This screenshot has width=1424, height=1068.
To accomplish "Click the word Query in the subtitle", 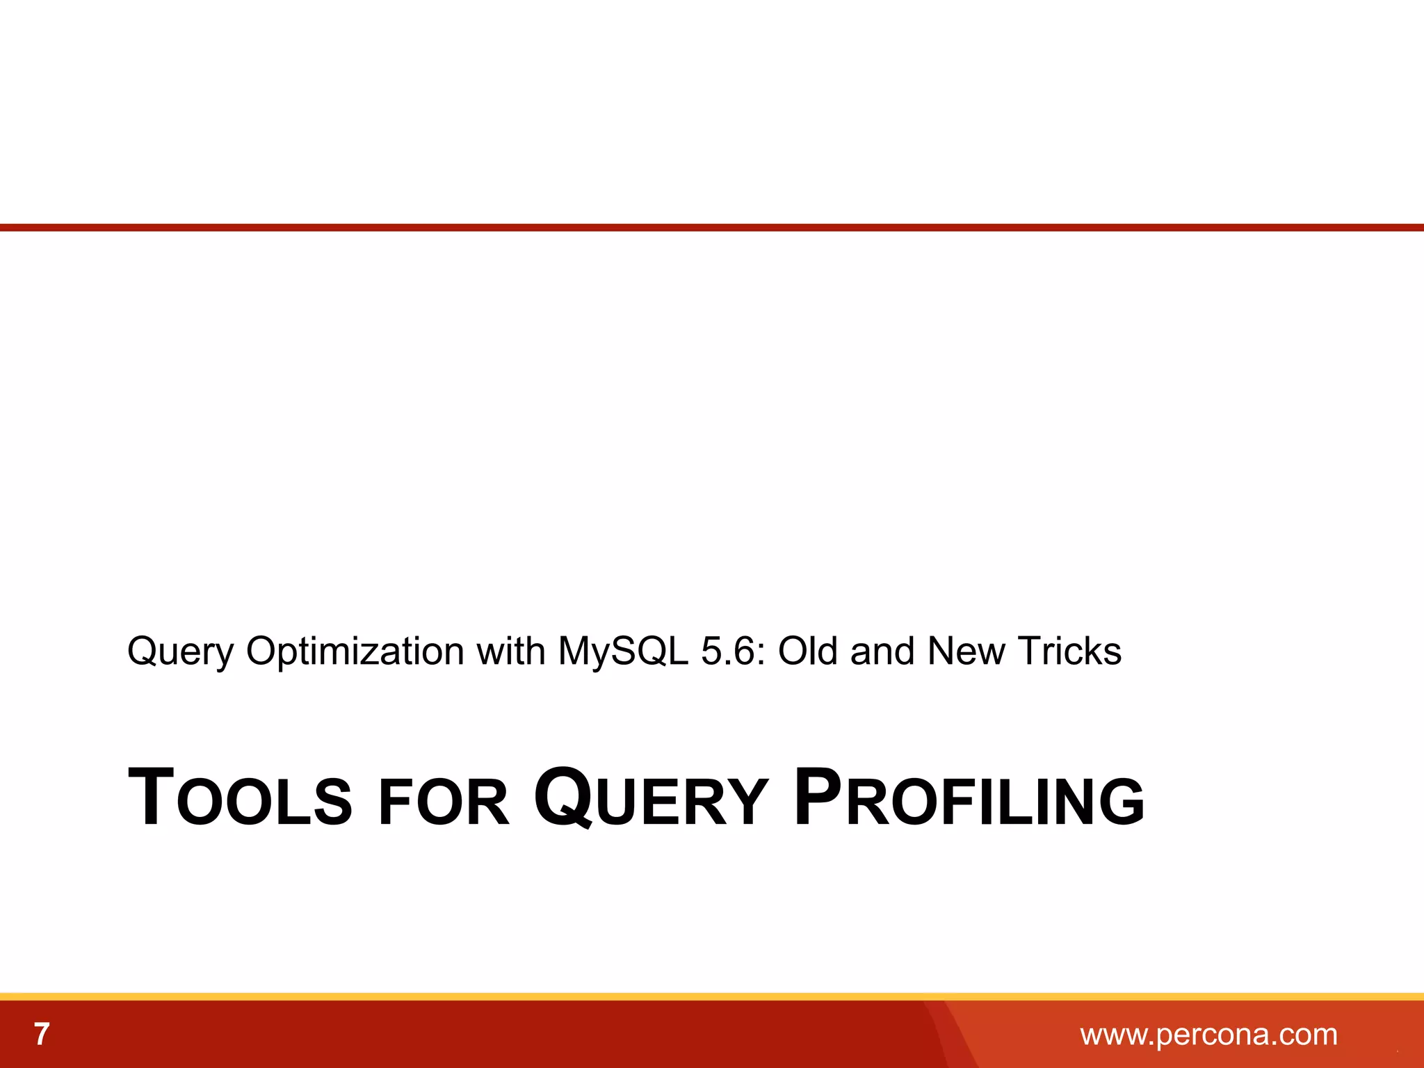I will pyautogui.click(x=180, y=652).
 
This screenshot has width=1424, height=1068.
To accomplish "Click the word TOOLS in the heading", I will pyautogui.click(x=240, y=798).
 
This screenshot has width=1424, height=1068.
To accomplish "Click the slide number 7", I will pyautogui.click(x=42, y=1035).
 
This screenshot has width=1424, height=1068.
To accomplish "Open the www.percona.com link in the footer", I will pyautogui.click(x=1208, y=1035).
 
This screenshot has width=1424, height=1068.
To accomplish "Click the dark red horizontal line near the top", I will pyautogui.click(x=712, y=227).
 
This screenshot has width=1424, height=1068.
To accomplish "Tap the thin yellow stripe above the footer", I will pyautogui.click(x=712, y=996).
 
